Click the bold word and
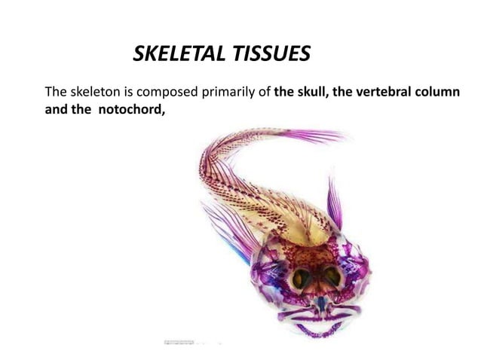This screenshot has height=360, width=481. click(x=57, y=111)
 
